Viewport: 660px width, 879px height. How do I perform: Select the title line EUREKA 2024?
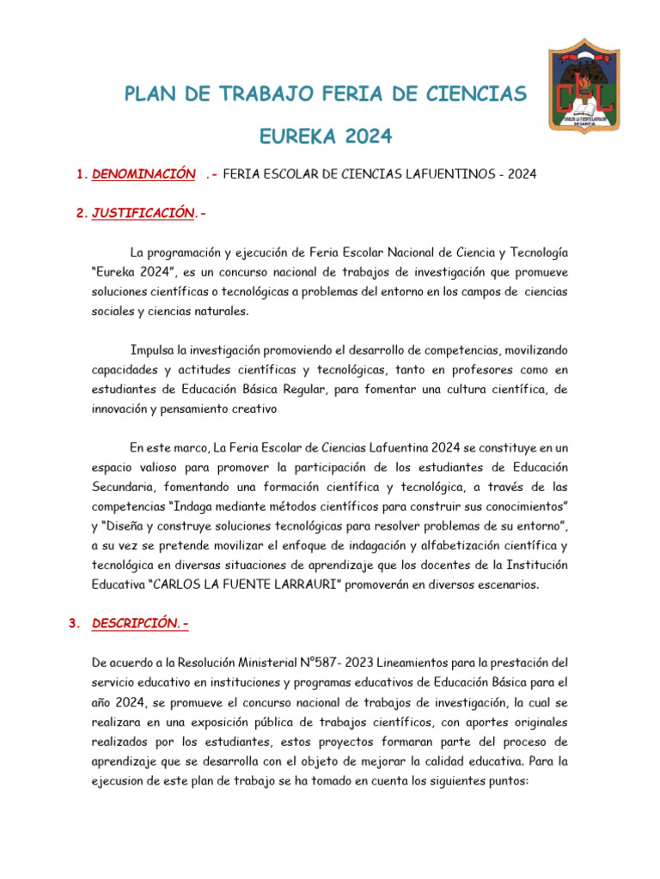[x=325, y=136]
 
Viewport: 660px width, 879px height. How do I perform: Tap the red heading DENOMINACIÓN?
[x=144, y=174]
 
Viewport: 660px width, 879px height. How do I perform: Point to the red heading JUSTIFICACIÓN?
[x=144, y=213]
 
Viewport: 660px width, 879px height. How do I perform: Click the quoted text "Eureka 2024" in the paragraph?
[x=130, y=272]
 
